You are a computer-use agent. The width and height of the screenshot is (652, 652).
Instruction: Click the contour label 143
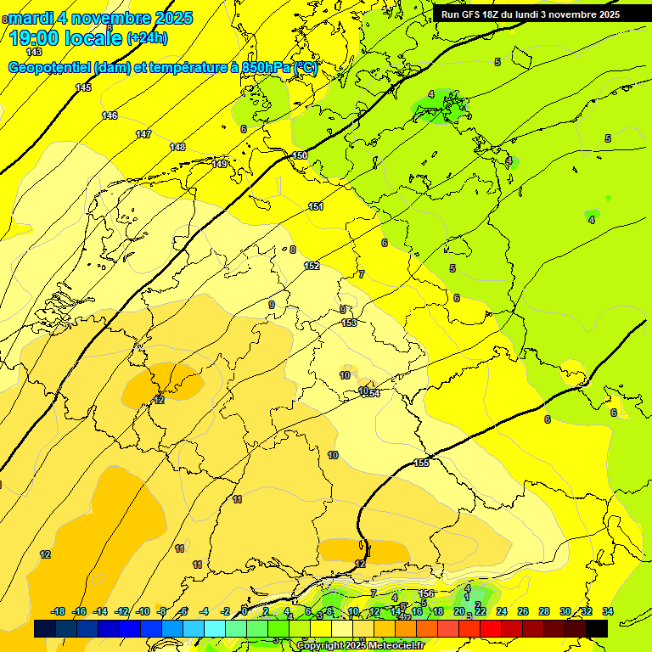(x=34, y=53)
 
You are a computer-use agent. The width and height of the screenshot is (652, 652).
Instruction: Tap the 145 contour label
(x=83, y=88)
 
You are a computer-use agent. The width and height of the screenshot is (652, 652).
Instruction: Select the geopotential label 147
(x=143, y=134)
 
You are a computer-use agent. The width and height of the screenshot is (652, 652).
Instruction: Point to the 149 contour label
(x=220, y=164)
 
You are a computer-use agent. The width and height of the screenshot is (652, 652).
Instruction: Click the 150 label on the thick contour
(x=300, y=155)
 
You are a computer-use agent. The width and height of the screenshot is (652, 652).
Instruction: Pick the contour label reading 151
(x=316, y=206)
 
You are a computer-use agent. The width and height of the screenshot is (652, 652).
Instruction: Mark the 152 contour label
(x=312, y=266)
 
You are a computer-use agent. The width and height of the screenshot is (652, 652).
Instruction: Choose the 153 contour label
(x=349, y=323)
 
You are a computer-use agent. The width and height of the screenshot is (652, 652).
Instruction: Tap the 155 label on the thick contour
(x=422, y=463)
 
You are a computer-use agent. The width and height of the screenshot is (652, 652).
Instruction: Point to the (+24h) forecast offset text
(x=147, y=38)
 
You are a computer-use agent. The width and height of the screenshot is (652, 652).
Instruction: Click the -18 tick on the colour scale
(x=58, y=611)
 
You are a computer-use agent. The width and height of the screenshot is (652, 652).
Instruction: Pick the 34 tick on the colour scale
(x=608, y=611)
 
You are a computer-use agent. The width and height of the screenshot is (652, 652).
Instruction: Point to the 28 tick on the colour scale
(x=544, y=611)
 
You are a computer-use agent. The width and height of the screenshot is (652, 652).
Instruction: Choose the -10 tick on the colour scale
(x=143, y=611)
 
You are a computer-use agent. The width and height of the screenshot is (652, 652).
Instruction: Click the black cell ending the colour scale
(x=597, y=628)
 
